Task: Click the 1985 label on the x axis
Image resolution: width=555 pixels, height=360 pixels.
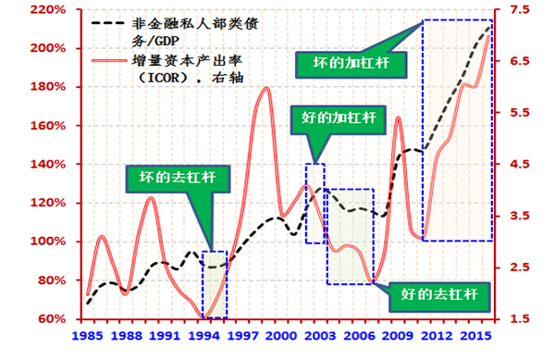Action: [88, 335]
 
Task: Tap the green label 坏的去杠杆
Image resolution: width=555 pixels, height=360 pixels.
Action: [174, 179]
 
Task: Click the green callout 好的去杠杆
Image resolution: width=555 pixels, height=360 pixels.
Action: [439, 295]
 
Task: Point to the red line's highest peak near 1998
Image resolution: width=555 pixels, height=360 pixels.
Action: [266, 88]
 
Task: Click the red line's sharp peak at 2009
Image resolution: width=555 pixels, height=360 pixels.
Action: [397, 118]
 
